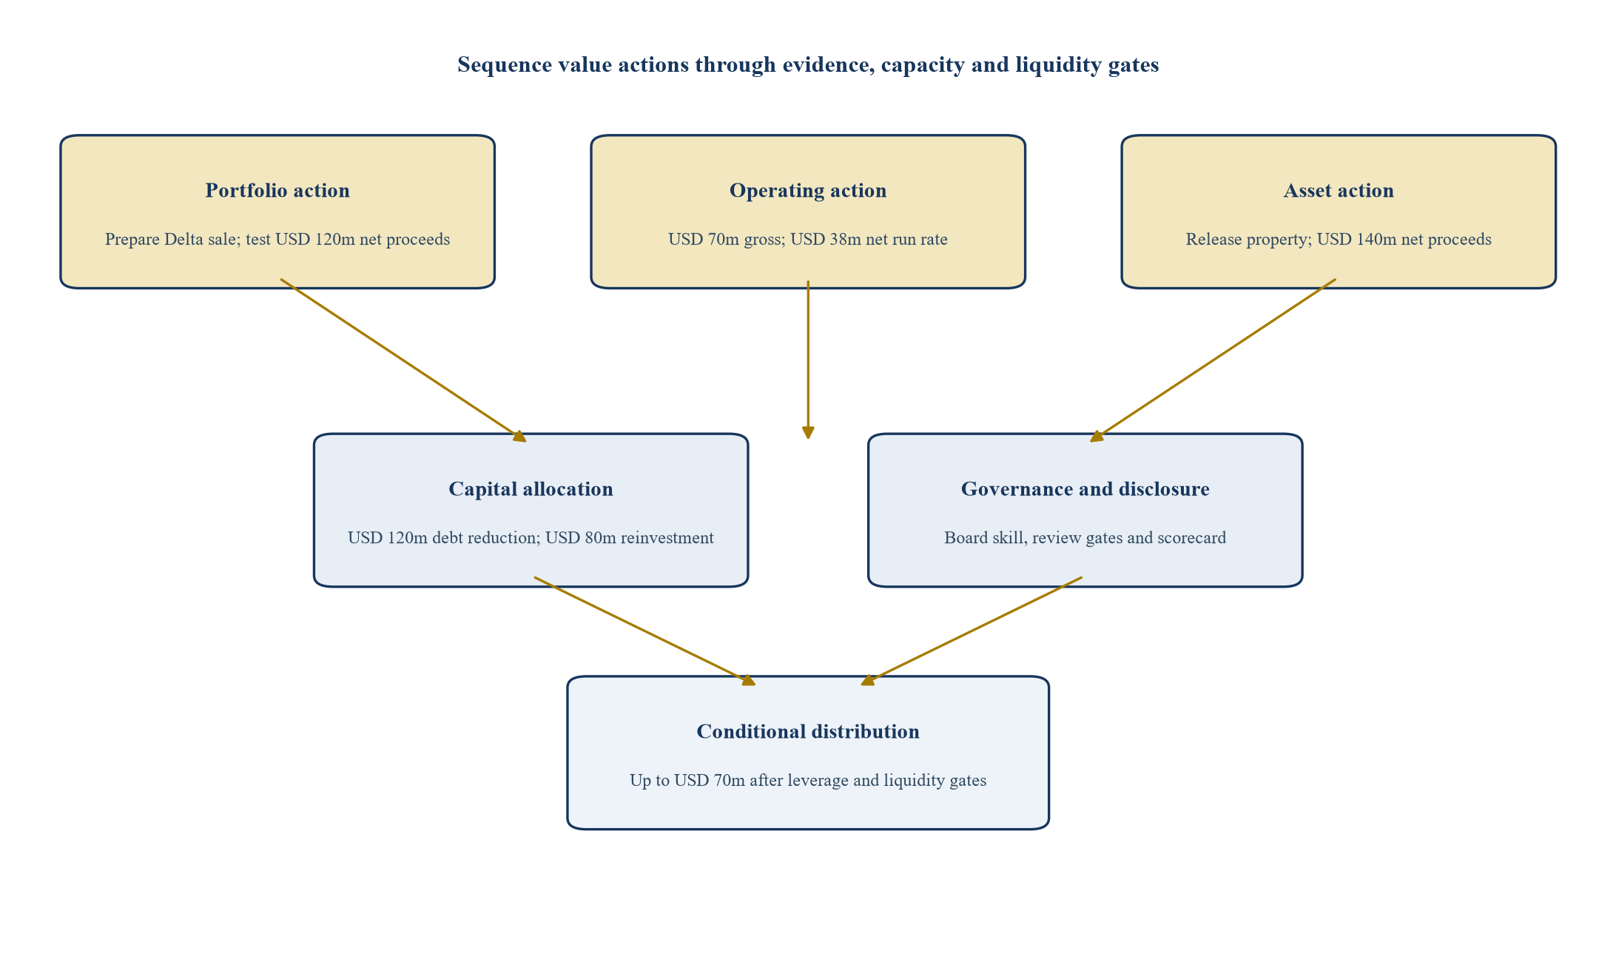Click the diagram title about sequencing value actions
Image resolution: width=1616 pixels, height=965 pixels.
(808, 65)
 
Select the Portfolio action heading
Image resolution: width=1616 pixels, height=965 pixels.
(277, 190)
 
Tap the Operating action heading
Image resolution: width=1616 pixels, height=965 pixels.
(808, 190)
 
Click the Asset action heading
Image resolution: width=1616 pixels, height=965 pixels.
(1339, 190)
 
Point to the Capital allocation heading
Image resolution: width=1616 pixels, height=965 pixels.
(531, 489)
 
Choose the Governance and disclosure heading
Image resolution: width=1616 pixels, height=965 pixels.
(1085, 489)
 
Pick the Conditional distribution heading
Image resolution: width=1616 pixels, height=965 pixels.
(808, 731)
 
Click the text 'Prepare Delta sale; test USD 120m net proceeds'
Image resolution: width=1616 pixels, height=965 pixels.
(277, 240)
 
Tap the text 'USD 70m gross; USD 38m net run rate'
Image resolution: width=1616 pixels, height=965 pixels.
(808, 240)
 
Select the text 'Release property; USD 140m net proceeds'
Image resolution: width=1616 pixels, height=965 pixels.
(1339, 240)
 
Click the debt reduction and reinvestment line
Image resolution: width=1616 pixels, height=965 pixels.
(531, 538)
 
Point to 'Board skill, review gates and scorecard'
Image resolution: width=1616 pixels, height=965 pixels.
(1085, 538)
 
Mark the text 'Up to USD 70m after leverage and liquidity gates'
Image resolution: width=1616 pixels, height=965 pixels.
(808, 781)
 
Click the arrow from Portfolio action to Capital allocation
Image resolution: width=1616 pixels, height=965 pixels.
(403, 360)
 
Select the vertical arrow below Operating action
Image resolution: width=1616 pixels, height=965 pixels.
(808, 360)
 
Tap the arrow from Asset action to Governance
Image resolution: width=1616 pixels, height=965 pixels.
(1213, 360)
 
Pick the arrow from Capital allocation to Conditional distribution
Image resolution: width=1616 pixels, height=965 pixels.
(644, 631)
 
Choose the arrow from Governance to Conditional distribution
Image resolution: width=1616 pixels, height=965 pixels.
(972, 631)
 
